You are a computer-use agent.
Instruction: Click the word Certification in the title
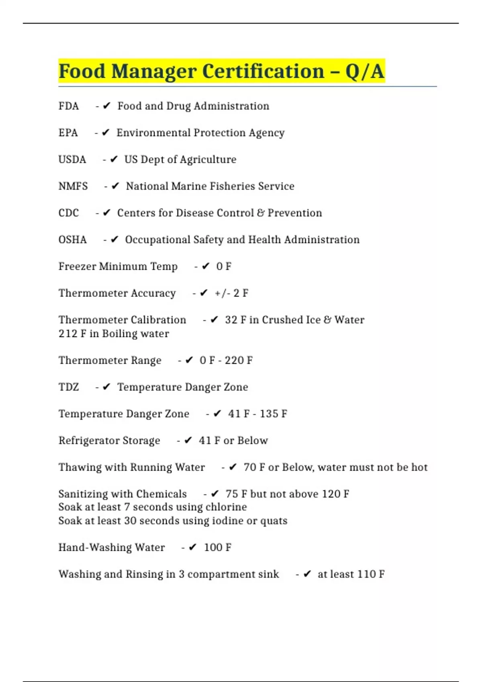pos(263,71)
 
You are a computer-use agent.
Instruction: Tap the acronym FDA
pos(69,106)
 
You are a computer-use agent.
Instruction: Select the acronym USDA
pos(72,160)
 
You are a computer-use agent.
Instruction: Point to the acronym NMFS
pos(73,187)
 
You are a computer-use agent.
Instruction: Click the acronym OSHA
pos(73,240)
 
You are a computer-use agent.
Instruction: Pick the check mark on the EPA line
pos(106,133)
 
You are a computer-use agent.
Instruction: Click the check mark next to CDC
pos(106,213)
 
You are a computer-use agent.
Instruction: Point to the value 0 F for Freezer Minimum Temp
pos(224,267)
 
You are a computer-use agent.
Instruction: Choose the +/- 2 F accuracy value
pos(231,293)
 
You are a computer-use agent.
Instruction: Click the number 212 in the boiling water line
pos(67,334)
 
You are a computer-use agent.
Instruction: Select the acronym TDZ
pos(69,387)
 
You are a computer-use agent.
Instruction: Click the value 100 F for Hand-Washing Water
pos(218,548)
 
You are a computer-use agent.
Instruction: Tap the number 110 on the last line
pos(366,574)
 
